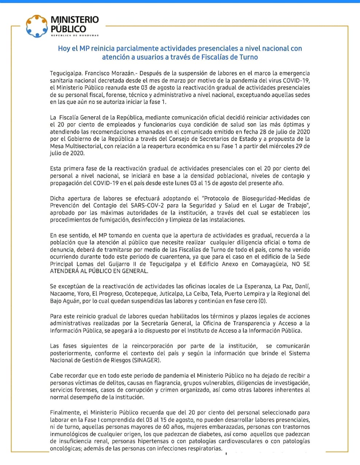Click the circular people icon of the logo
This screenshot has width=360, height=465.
[x=37, y=26]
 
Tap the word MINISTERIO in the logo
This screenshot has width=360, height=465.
[x=75, y=19]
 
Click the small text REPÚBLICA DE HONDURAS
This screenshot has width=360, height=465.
[x=75, y=35]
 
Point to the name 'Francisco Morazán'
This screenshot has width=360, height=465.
[x=102, y=73]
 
